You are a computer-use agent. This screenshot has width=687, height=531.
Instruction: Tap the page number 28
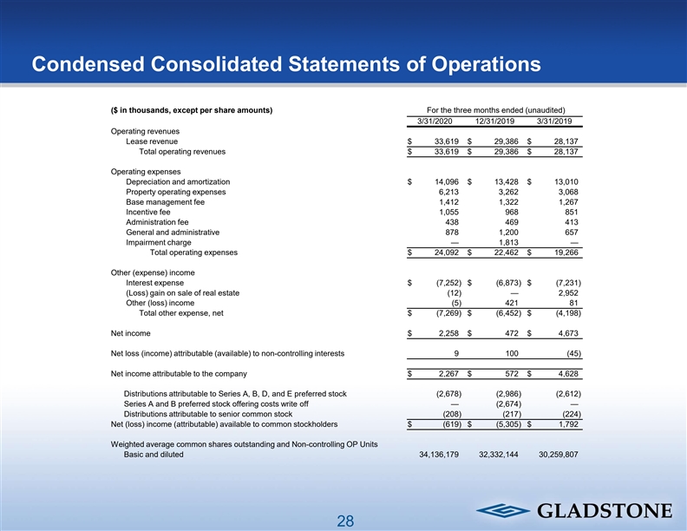(345, 521)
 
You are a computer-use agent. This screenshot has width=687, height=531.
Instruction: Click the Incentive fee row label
(148, 212)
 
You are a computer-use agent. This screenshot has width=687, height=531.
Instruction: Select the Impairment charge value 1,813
(504, 242)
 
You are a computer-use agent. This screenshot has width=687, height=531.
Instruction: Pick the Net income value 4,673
(566, 333)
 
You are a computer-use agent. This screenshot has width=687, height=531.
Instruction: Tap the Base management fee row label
(165, 201)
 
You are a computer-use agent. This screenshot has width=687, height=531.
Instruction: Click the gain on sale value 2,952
(566, 292)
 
